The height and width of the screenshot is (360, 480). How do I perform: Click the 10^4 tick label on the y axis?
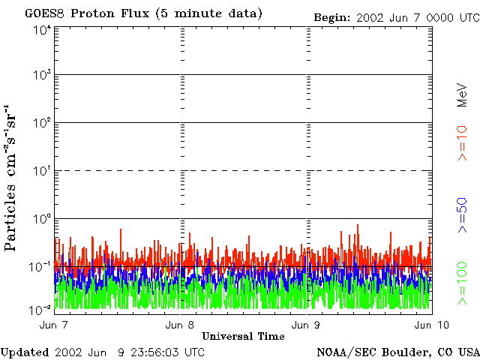point(42,29)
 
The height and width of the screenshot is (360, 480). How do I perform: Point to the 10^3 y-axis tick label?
point(42,76)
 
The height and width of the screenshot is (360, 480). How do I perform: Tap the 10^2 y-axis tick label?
point(42,123)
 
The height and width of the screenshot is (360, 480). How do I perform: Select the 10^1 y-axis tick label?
point(42,171)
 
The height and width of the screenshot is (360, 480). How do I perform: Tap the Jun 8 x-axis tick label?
point(180,325)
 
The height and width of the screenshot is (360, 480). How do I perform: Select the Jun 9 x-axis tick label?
point(304,325)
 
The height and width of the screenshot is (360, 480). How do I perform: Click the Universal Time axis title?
point(243,336)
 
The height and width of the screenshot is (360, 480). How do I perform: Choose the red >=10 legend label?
point(463,143)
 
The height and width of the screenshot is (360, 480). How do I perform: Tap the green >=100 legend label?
point(463,282)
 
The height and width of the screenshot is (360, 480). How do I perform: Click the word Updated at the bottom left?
point(25,352)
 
